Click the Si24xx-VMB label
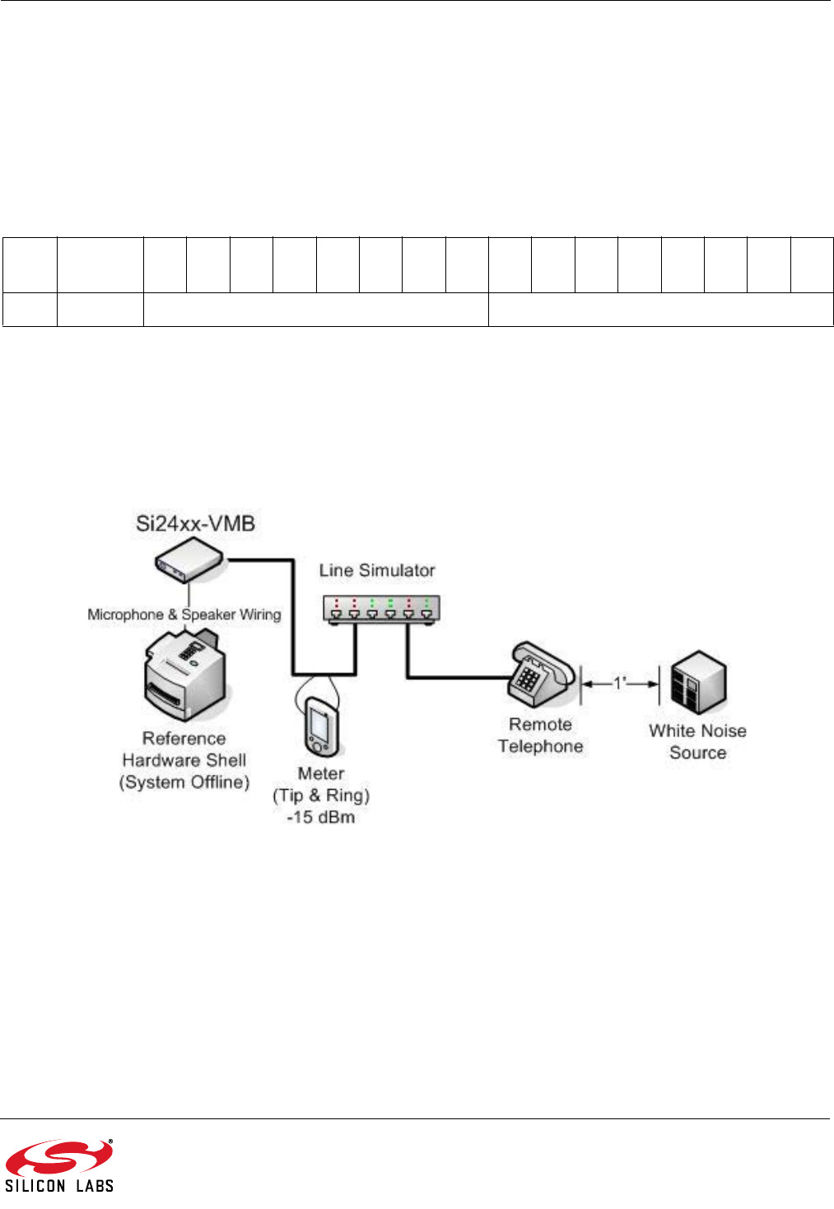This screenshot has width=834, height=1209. click(x=195, y=523)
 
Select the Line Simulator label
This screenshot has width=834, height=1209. click(x=377, y=570)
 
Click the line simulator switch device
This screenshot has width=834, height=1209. click(x=382, y=610)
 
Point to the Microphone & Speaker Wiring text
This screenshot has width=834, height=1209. click(x=184, y=614)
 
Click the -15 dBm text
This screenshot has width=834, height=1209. click(x=321, y=818)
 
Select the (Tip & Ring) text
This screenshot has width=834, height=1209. click(x=321, y=796)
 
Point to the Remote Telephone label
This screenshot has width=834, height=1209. click(x=540, y=735)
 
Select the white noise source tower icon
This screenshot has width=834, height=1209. click(x=697, y=683)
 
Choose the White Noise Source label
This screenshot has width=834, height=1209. click(x=697, y=741)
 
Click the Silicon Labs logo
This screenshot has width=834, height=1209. click(x=59, y=1165)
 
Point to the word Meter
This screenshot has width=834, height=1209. click(x=321, y=773)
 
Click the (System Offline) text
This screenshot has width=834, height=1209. click(x=184, y=782)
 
